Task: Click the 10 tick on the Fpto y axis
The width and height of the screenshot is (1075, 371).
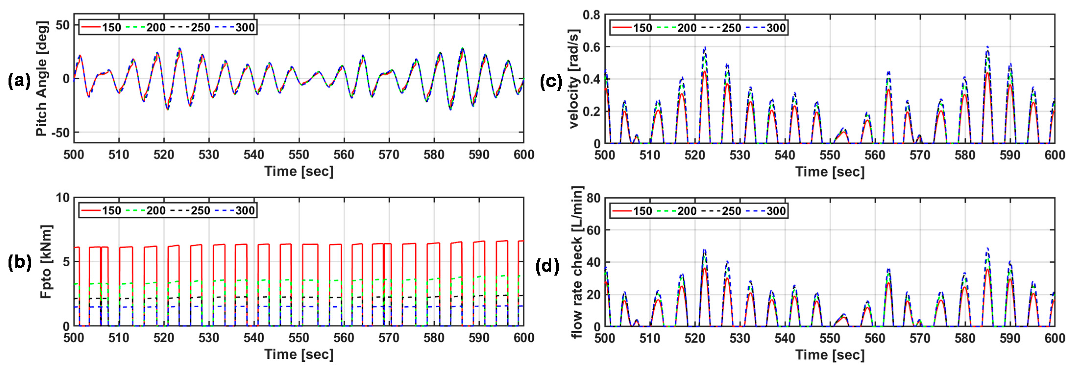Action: point(63,197)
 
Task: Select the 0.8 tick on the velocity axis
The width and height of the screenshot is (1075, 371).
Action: point(591,15)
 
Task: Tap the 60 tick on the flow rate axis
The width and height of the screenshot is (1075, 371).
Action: point(593,230)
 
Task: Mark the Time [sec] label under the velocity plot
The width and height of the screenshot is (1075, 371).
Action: point(830,172)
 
